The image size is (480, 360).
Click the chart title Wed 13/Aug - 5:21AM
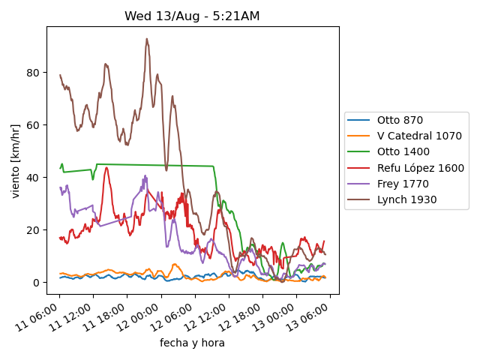click(192, 16)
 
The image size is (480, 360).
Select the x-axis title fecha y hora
click(192, 343)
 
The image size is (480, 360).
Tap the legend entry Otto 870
click(400, 120)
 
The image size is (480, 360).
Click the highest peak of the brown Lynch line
click(147, 39)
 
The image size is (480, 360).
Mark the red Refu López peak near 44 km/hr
click(106, 167)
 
